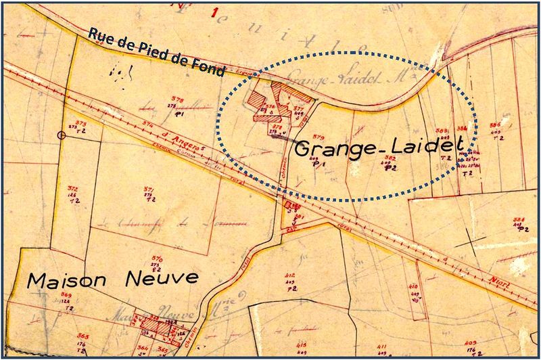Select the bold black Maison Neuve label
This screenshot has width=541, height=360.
pyautogui.click(x=113, y=278)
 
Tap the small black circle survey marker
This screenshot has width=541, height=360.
pyautogui.click(x=62, y=135)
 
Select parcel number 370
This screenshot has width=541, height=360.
pyautogui.click(x=157, y=259)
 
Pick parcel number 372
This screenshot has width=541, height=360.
pyautogui.click(x=73, y=189)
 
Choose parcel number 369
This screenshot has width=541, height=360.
pyautogui.click(x=66, y=295)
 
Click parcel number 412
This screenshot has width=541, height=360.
pyautogui.click(x=290, y=275)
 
